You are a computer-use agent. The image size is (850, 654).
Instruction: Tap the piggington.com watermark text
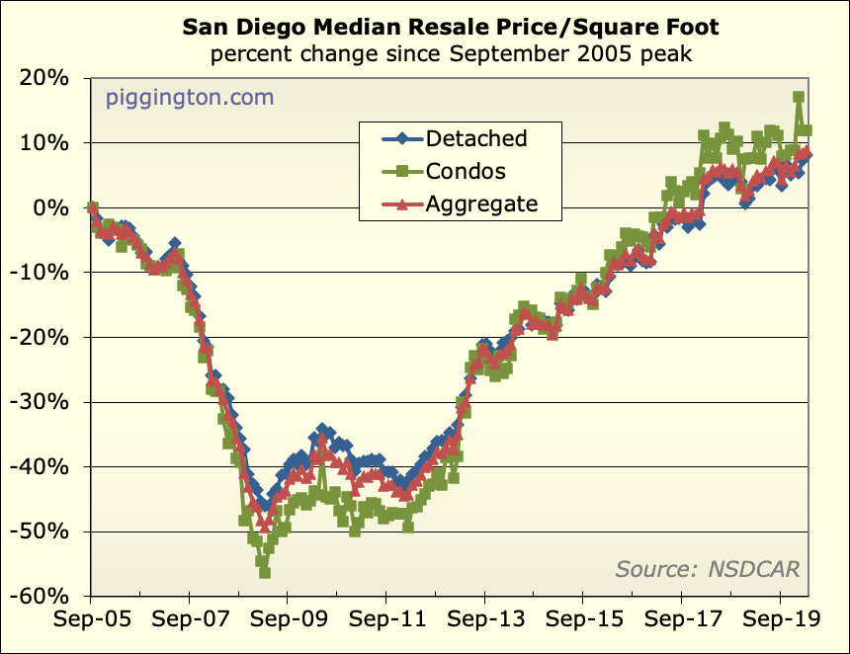point(190,99)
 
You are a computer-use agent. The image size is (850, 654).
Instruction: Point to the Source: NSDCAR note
point(707,568)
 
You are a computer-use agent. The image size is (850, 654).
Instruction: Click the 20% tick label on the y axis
point(45,78)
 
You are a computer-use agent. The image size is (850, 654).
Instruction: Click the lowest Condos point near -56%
point(265,573)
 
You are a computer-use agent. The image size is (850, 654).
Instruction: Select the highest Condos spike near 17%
point(799,98)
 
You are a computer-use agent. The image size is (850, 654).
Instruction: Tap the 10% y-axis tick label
point(45,143)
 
